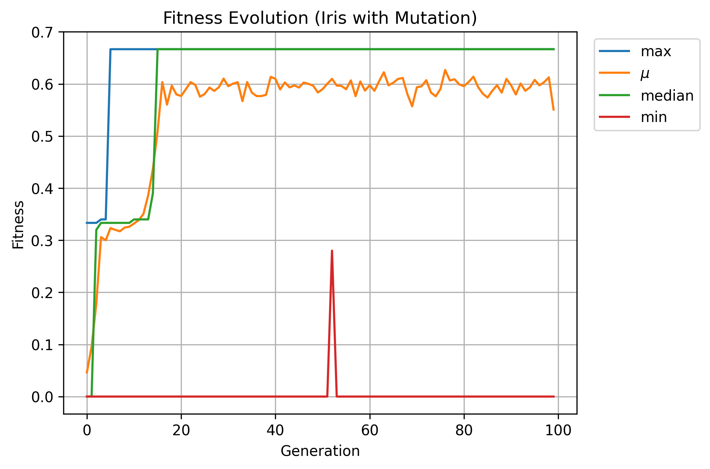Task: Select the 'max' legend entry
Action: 655,52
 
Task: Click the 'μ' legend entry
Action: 645,73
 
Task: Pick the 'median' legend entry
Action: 667,95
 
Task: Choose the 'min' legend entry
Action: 653,118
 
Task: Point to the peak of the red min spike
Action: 332,251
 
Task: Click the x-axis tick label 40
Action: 275,430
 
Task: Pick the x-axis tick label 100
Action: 558,430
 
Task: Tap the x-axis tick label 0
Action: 87,430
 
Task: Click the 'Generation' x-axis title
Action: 320,451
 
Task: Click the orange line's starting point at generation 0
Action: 87,373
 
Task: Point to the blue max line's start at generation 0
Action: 87,223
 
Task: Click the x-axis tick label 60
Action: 369,430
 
